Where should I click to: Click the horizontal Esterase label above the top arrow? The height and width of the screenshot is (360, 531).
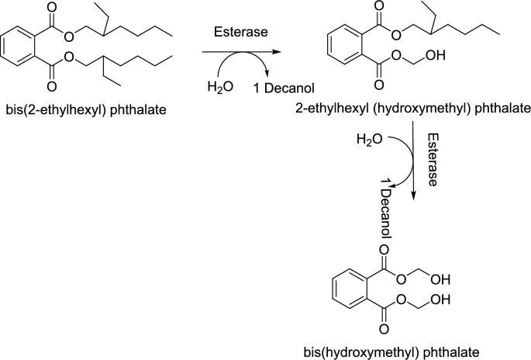[239, 31]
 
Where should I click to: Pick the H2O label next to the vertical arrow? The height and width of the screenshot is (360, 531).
[369, 140]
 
